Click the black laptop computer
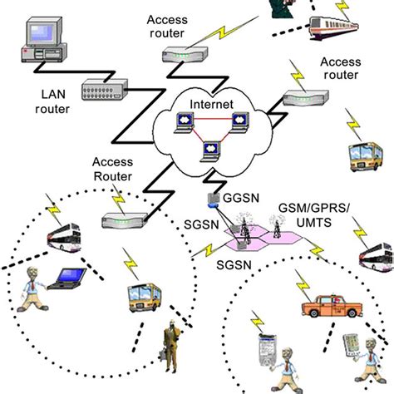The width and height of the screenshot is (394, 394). pos(66,278)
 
